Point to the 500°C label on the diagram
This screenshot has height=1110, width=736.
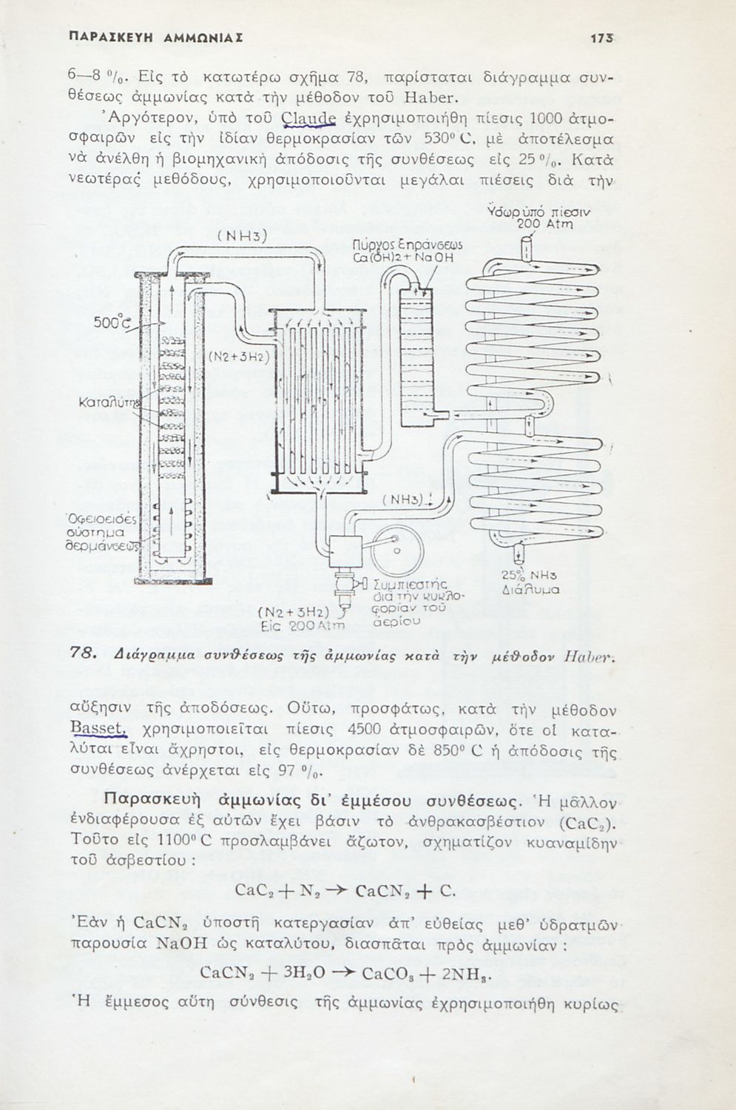point(112,323)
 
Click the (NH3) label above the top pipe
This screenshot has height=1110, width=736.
point(242,237)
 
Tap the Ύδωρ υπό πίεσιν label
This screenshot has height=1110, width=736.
point(539,213)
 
